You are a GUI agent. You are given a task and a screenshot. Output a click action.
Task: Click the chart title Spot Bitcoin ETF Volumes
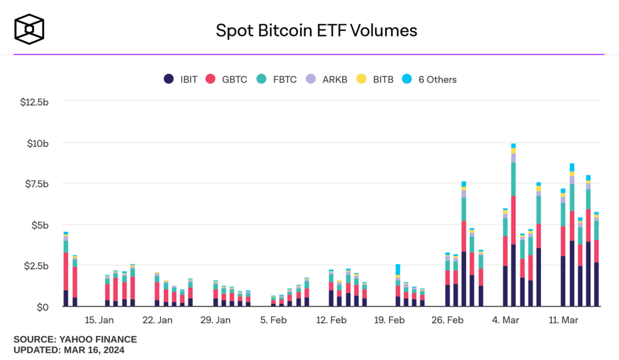coord(316,30)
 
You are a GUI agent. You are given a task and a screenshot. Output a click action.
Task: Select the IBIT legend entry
coord(181,79)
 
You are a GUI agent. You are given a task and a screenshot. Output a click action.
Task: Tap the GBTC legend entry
coord(227,79)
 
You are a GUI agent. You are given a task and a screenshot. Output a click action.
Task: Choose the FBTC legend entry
coord(277,79)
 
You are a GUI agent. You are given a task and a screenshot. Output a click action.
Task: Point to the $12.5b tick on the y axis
coord(34,102)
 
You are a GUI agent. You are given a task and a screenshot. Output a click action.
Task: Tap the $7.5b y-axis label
coord(36,184)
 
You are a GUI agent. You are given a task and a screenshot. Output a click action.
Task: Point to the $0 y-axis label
coord(42,307)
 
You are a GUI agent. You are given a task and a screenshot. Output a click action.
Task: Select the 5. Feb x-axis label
coord(273,320)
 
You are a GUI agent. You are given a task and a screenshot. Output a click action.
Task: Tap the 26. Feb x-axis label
coord(447,320)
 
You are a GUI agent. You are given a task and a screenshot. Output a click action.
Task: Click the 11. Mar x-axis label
coord(563,320)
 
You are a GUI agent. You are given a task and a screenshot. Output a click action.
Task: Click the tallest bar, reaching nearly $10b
coord(513,230)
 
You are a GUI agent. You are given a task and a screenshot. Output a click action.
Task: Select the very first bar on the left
coord(66,272)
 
